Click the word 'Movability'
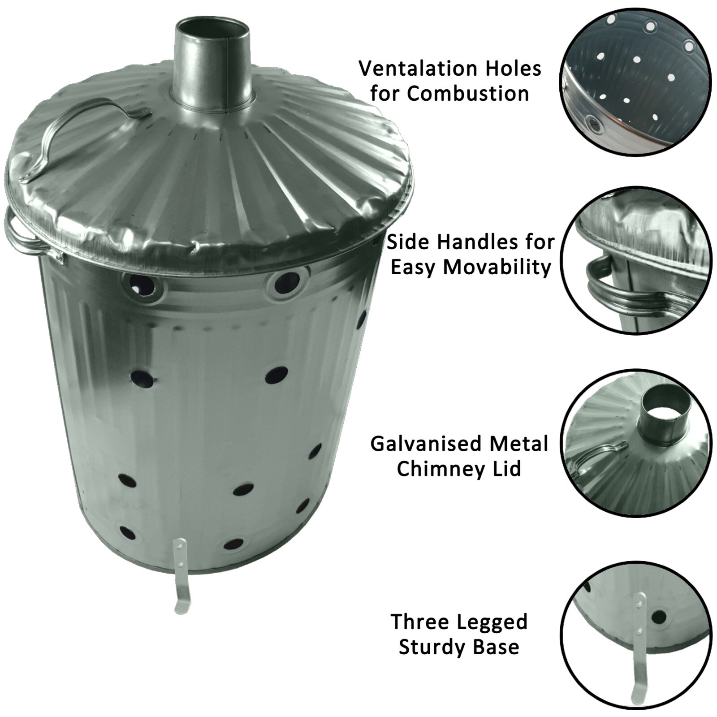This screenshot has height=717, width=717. [x=497, y=268]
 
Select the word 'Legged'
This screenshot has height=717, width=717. [x=495, y=622]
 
